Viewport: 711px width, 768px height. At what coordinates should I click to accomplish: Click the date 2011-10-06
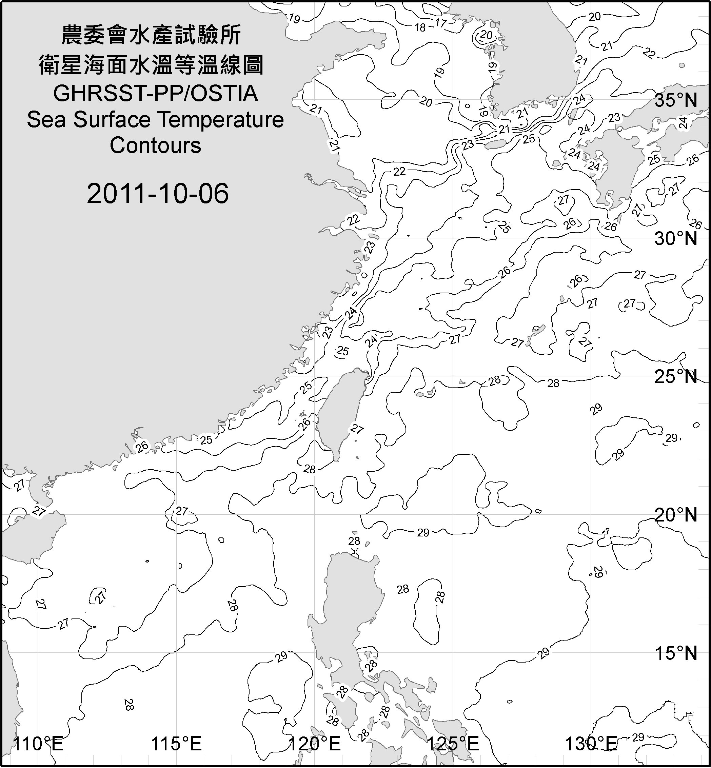pos(158,194)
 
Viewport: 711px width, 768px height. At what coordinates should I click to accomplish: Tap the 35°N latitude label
pos(676,100)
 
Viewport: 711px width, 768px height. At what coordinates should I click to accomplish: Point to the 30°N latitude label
pos(676,239)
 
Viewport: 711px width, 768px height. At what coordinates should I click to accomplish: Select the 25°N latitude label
pos(676,377)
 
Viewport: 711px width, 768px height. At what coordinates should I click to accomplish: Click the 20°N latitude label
pos(676,515)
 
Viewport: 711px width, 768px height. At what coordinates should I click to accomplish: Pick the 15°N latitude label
pos(676,653)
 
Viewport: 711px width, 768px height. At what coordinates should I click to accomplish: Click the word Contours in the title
pos(155,145)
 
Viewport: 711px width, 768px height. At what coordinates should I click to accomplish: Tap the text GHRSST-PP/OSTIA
pos(155,94)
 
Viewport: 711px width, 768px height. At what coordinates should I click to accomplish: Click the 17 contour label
pos(440,23)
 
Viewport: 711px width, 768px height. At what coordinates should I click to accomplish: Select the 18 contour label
pos(420,28)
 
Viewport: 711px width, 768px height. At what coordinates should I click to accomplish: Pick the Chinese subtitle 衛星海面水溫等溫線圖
pos(151,65)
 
